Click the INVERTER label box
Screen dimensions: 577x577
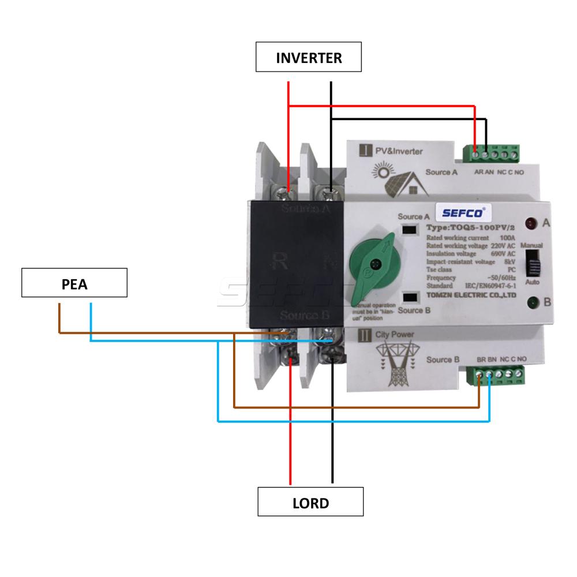coord(309,57)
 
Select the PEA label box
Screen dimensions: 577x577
coord(74,283)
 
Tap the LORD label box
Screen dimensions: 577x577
coord(310,501)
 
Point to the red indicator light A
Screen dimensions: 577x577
coord(530,223)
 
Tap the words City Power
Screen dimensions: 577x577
coord(395,334)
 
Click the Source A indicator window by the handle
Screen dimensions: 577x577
coord(410,230)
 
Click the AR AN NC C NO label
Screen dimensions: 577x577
coord(499,172)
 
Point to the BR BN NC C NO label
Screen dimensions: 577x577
coord(501,359)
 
